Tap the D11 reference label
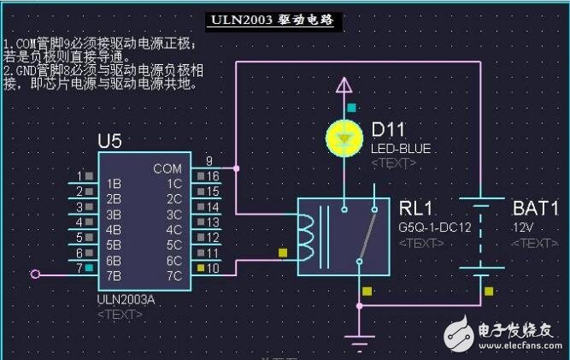click(x=389, y=130)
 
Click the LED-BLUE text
click(x=401, y=149)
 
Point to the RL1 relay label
click(x=418, y=209)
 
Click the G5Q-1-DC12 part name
click(x=435, y=227)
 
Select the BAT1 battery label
click(x=535, y=209)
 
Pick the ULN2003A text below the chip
click(x=127, y=300)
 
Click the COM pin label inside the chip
click(x=167, y=168)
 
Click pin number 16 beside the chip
click(x=213, y=176)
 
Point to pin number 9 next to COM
click(x=209, y=161)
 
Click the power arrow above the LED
click(x=344, y=85)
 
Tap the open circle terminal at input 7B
click(x=35, y=274)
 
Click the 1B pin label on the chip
click(x=113, y=183)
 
